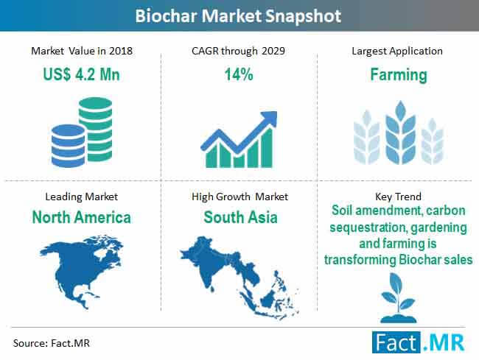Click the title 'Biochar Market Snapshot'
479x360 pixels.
(x=238, y=16)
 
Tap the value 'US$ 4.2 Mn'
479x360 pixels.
(x=81, y=74)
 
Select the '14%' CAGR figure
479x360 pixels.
(x=239, y=74)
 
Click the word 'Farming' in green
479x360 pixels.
(x=399, y=75)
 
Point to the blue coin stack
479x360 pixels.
(x=68, y=146)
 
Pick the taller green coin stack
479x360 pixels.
(x=96, y=128)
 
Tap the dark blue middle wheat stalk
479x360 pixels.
(x=400, y=133)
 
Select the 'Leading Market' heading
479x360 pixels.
(x=81, y=197)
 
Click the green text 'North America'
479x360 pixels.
(x=82, y=217)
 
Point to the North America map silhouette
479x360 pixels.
(x=81, y=270)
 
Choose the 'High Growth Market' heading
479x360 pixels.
(x=239, y=197)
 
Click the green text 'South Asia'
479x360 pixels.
(x=240, y=217)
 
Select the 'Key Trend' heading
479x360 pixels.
(x=398, y=197)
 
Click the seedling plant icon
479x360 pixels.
(x=398, y=297)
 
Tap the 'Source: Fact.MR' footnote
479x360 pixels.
(x=52, y=343)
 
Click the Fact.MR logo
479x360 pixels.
(x=419, y=342)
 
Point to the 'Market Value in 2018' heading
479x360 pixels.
(x=82, y=51)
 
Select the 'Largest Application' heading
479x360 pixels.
(x=397, y=51)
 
